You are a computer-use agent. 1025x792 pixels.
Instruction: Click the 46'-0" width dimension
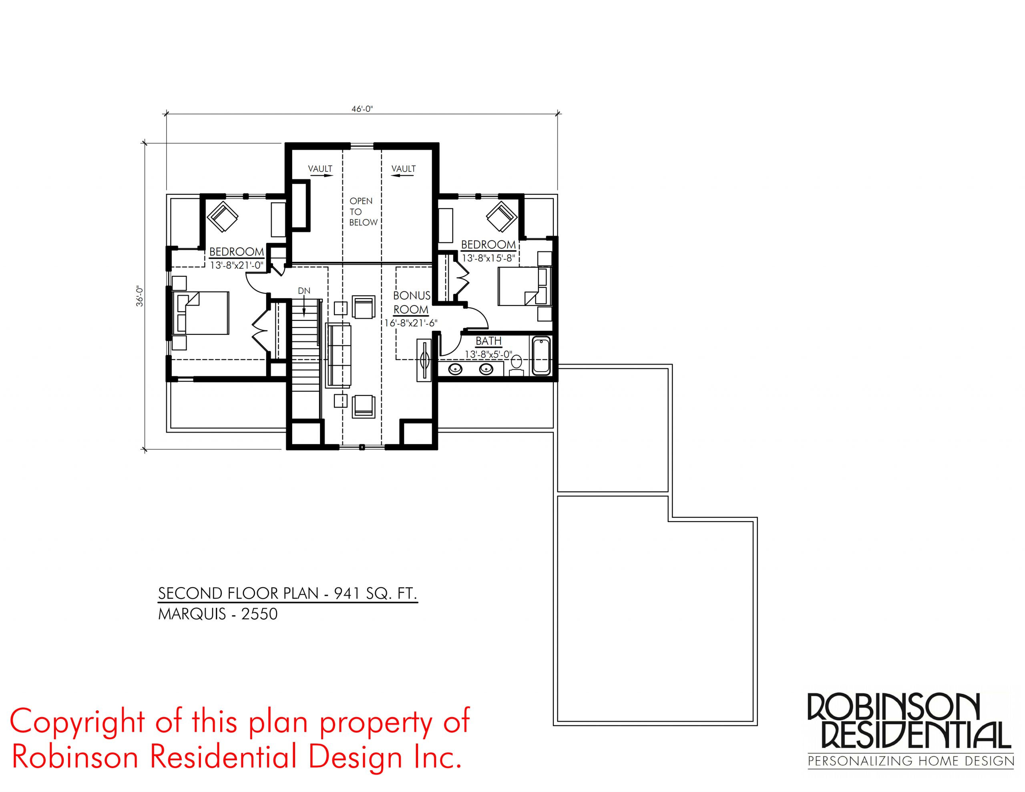(362, 109)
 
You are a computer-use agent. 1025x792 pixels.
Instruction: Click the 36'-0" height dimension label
(139, 296)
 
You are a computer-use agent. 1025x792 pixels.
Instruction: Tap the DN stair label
(304, 291)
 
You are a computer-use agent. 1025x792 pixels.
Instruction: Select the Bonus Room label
(412, 302)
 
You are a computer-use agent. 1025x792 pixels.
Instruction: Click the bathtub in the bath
(541, 356)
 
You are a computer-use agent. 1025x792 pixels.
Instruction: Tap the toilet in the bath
(516, 366)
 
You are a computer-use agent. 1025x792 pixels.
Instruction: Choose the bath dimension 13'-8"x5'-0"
(488, 355)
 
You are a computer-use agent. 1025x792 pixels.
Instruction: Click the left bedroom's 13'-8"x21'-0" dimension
(237, 265)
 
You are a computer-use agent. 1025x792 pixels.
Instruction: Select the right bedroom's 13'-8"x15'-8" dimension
(488, 258)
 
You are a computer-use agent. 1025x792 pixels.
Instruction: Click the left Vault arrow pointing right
(321, 176)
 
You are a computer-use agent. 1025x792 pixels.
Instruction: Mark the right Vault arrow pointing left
(403, 176)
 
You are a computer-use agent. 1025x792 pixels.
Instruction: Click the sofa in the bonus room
(338, 354)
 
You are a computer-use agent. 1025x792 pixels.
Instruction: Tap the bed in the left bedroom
(201, 313)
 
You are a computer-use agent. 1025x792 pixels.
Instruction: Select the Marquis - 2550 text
(218, 614)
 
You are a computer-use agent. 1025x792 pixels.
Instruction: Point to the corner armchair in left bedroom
(223, 217)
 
